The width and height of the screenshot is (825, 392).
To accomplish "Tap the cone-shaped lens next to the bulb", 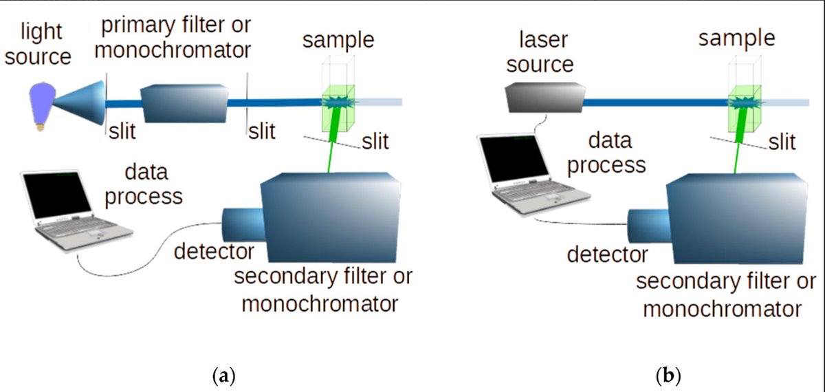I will coord(79,104).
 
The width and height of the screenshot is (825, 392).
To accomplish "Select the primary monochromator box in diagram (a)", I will coord(183,104).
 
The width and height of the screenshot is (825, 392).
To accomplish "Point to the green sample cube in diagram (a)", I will coord(338,109).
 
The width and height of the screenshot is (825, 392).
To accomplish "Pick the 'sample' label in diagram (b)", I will coord(736,38).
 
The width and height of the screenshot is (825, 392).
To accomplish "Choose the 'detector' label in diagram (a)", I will coord(214,252).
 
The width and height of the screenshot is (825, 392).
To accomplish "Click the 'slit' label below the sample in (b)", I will coord(782,142).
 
